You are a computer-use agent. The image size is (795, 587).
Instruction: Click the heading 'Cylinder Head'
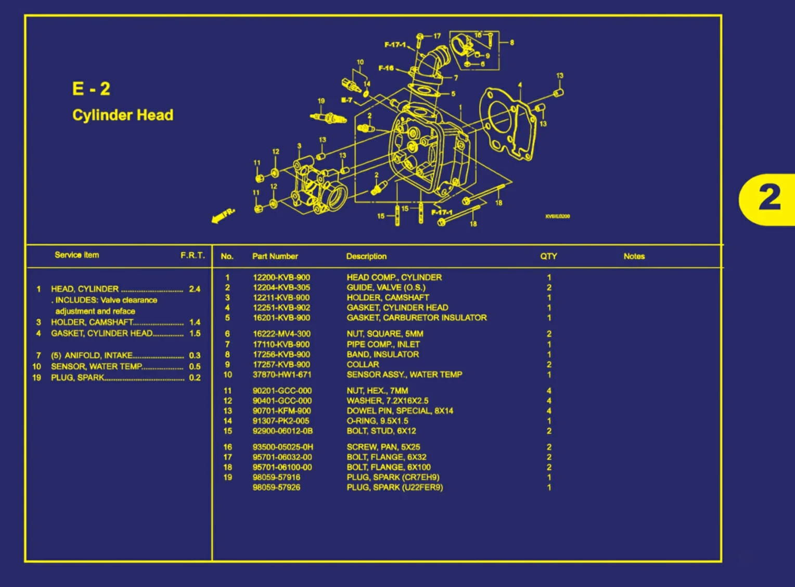123,115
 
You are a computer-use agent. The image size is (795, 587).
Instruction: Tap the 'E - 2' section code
91,89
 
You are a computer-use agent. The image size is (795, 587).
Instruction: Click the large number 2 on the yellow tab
770,198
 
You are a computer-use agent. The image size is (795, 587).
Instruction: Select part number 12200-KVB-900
281,278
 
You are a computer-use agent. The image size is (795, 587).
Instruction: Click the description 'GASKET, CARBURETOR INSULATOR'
416,318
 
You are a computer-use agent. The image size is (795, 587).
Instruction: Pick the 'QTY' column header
548,256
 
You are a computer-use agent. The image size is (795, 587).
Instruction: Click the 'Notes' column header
634,256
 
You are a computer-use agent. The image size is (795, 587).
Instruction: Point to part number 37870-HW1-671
281,374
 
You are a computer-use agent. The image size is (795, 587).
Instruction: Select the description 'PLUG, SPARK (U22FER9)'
394,488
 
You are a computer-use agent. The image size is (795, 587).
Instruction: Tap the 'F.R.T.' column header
193,255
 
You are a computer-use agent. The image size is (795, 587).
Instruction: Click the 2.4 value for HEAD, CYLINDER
195,289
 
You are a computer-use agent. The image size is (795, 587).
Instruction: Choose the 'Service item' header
76,255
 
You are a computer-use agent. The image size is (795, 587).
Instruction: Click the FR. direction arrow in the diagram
223,216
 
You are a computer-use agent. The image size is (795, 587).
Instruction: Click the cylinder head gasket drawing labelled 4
507,125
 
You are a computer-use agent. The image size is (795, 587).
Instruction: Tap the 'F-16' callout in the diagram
386,68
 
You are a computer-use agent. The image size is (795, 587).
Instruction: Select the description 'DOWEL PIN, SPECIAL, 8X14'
400,411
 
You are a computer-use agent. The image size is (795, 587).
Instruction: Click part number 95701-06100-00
282,467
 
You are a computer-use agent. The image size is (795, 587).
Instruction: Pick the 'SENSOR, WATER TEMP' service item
96,367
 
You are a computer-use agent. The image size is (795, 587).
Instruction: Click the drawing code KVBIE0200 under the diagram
557,216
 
